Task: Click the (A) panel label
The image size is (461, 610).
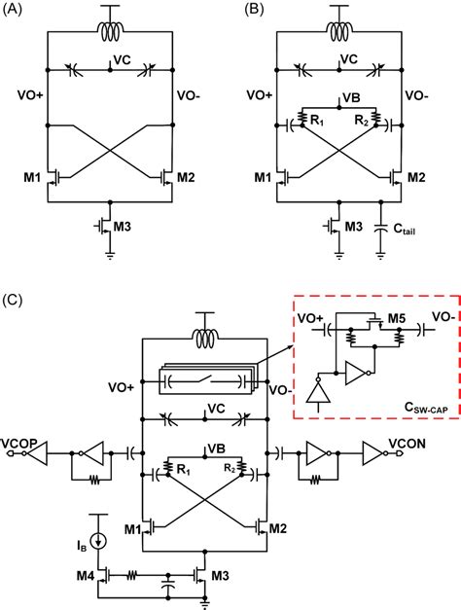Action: click(12, 10)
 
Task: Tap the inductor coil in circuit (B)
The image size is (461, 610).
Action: click(339, 31)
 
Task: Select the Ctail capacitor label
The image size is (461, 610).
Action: click(405, 230)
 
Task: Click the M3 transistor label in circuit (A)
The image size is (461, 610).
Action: click(122, 227)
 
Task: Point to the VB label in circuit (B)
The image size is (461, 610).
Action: click(352, 98)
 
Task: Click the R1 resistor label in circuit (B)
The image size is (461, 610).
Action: click(317, 121)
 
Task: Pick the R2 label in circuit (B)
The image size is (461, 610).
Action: click(361, 121)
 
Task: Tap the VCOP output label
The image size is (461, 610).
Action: click(19, 443)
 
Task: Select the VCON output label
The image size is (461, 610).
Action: click(407, 443)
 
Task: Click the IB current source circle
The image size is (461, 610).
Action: click(96, 541)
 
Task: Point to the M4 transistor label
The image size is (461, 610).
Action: click(86, 575)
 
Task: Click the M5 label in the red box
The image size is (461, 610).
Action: click(397, 319)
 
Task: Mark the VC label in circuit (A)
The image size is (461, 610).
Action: click(122, 60)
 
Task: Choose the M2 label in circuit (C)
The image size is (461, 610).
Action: click(278, 528)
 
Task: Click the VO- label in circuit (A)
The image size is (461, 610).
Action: click(189, 95)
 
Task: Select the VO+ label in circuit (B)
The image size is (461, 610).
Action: click(260, 95)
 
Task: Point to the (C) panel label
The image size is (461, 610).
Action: click(12, 300)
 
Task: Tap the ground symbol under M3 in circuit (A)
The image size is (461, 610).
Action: click(111, 256)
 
